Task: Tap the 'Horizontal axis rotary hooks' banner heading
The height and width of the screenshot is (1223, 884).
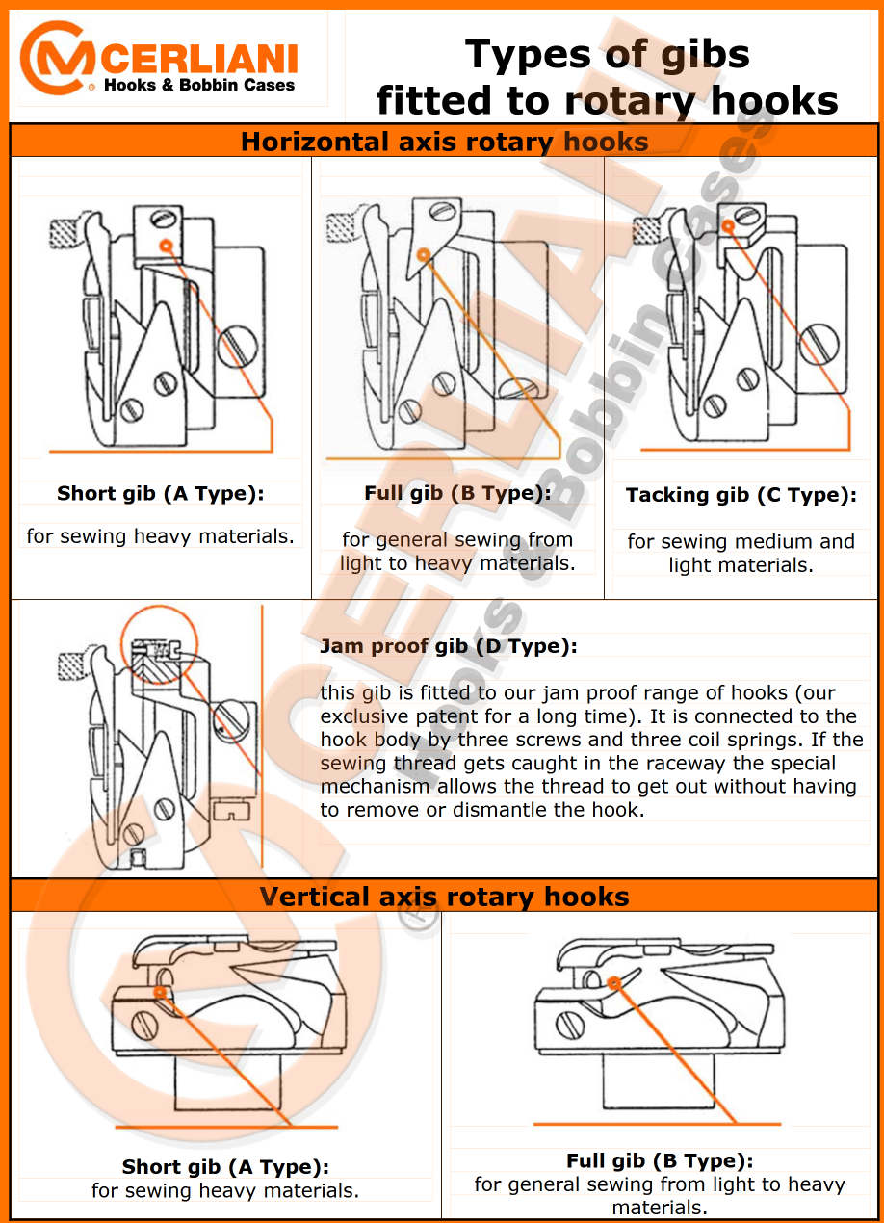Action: (445, 142)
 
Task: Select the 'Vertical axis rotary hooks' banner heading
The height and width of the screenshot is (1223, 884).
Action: (444, 897)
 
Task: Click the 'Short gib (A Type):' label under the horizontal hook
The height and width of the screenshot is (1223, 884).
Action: (161, 494)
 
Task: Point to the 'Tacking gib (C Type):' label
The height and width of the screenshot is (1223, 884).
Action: (741, 495)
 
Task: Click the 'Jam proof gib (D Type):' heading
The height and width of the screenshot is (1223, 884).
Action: (449, 646)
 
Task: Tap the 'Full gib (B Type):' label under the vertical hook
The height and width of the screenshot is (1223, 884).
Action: (660, 1160)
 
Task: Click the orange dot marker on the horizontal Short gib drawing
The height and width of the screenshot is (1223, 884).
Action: (167, 246)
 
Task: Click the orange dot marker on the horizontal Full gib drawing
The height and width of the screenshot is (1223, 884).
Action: (423, 254)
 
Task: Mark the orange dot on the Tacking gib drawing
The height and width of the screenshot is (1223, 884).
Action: (728, 225)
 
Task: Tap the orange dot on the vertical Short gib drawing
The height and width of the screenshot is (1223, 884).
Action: (160, 992)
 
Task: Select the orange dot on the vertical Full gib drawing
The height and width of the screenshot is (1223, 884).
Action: (613, 983)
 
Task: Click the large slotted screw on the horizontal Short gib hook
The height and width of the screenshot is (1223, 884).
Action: (238, 346)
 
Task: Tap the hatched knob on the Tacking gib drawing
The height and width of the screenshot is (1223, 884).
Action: (646, 230)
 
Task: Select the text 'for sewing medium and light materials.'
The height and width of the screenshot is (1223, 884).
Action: (741, 553)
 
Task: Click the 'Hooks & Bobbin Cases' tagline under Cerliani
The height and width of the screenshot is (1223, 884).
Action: (199, 85)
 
